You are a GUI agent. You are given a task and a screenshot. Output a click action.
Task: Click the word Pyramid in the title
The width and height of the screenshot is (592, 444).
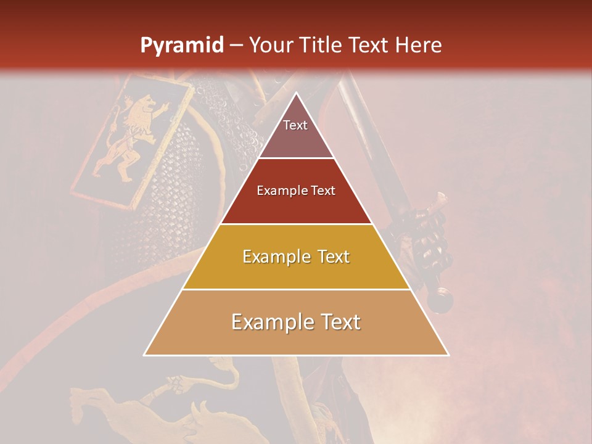(182, 46)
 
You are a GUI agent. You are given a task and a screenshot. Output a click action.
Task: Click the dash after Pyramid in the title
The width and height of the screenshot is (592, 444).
(236, 46)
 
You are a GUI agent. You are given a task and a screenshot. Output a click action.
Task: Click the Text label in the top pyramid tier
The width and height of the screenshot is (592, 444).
(295, 125)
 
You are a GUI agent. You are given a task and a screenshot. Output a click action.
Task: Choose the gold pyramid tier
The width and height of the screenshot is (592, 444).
(297, 271)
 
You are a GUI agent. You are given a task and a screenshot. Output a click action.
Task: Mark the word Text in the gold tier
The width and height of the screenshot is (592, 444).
(331, 257)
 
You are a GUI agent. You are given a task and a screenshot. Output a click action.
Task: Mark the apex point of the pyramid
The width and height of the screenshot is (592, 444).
(297, 93)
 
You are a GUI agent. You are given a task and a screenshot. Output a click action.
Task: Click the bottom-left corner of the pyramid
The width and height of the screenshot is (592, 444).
(144, 355)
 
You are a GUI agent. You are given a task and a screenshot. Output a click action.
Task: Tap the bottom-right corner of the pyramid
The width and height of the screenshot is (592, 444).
(448, 355)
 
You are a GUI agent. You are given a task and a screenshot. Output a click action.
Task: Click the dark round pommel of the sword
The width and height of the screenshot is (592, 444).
(440, 302)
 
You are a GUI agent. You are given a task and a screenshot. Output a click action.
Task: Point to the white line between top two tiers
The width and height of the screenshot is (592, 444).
(297, 158)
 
